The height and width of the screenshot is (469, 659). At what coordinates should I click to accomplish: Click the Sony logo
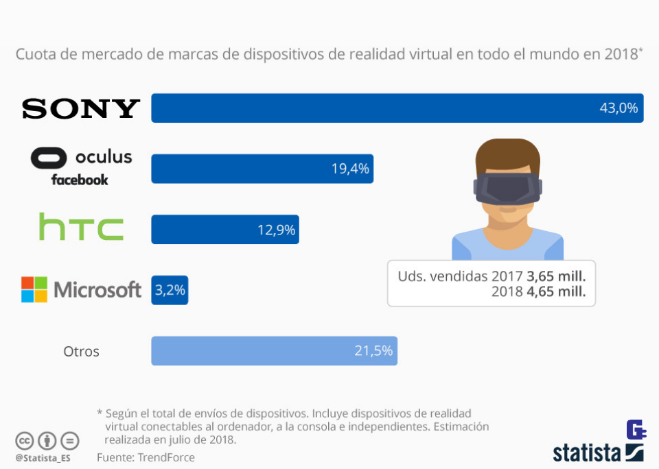(x=81, y=108)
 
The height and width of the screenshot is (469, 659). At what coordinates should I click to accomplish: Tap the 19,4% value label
(x=351, y=169)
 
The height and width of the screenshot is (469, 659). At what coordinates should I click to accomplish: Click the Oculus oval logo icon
(x=49, y=158)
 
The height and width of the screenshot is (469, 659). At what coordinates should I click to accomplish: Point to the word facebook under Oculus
(x=80, y=180)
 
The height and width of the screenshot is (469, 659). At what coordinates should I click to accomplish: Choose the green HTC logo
(x=81, y=227)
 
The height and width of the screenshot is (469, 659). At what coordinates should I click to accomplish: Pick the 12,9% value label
(x=277, y=230)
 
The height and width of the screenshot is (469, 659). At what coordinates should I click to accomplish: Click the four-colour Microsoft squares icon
(x=34, y=289)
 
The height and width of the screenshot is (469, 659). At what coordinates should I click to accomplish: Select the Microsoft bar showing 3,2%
(x=170, y=290)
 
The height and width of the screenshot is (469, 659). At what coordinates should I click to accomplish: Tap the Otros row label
(x=81, y=352)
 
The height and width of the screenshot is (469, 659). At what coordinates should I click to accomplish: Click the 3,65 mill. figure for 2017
(x=556, y=276)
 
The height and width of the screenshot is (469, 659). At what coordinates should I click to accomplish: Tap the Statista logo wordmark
(x=587, y=453)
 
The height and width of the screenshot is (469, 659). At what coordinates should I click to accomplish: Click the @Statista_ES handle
(x=43, y=457)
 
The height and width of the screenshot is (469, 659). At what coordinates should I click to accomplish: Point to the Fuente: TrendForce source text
(x=146, y=457)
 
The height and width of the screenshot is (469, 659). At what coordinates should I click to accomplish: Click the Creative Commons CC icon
(x=25, y=440)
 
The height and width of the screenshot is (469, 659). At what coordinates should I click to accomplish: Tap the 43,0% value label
(x=618, y=108)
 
